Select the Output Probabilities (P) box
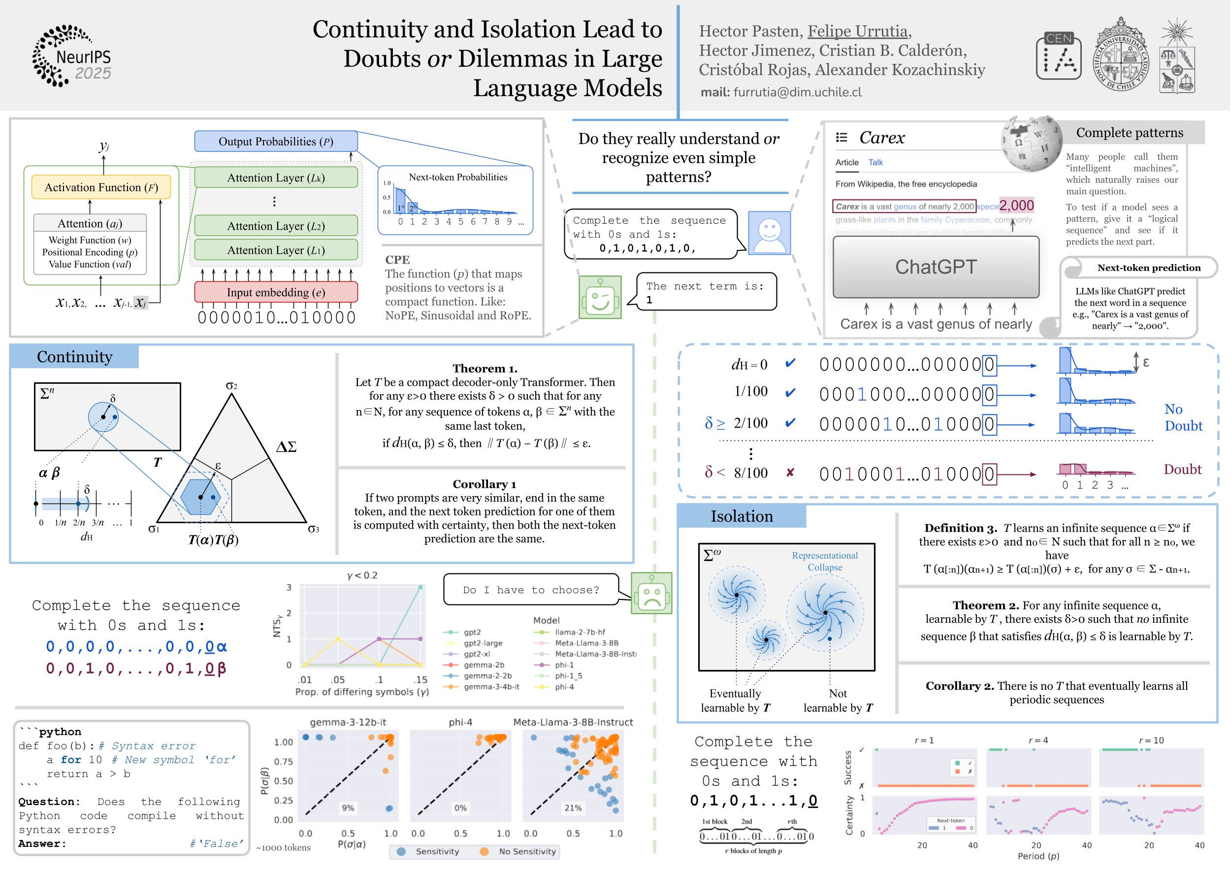(x=276, y=141)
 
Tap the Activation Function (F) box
(x=101, y=188)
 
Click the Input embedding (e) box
(x=276, y=292)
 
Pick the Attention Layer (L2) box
(x=276, y=226)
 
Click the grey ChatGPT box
(x=936, y=267)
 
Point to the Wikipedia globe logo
(x=1031, y=143)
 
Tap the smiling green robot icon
(x=600, y=298)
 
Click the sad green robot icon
(x=651, y=593)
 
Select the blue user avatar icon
(x=769, y=233)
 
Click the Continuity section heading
(x=74, y=357)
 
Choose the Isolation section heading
(x=742, y=516)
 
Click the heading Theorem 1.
(x=485, y=368)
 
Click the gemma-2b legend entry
(x=484, y=665)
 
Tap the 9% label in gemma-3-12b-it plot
(x=348, y=808)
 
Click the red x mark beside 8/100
(x=790, y=472)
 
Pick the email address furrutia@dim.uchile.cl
(x=797, y=92)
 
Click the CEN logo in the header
(x=1058, y=56)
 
